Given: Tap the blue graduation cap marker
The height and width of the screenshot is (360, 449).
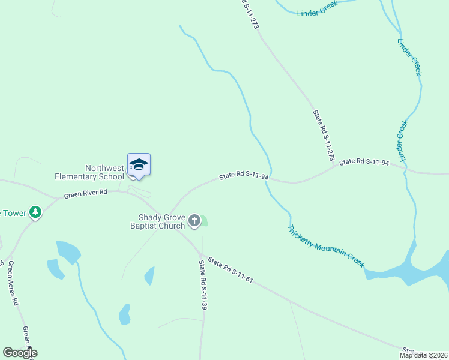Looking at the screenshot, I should (139, 165).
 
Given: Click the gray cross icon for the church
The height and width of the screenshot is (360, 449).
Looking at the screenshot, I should (194, 221).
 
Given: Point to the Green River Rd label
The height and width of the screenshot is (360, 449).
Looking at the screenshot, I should (85, 193).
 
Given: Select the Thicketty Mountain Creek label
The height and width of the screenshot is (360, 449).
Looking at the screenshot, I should (326, 246).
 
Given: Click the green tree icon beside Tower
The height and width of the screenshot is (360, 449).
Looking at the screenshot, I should (35, 212).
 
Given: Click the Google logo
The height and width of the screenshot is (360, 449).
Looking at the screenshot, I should (20, 352).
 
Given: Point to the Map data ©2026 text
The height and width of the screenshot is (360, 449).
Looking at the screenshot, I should (423, 355).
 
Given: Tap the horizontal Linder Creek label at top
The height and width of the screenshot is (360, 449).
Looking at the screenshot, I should (318, 8).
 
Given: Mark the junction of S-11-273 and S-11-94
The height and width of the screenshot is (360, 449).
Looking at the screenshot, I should (335, 167).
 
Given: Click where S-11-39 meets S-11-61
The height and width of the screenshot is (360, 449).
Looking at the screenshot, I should (202, 254).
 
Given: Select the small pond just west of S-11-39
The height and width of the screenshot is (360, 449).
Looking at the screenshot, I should (149, 275).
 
